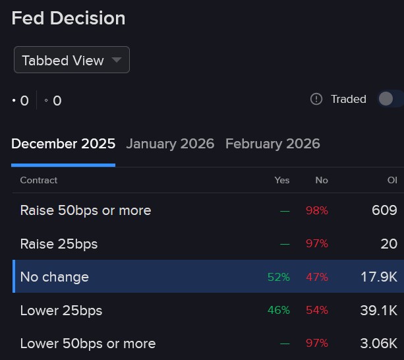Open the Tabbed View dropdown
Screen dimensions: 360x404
tap(71, 60)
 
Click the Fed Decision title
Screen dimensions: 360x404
tap(69, 18)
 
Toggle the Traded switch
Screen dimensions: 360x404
tap(389, 99)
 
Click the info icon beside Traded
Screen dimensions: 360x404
tap(316, 99)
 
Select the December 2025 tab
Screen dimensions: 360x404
tap(63, 144)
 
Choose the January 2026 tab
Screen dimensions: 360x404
tap(170, 144)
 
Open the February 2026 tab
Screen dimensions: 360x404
tap(273, 144)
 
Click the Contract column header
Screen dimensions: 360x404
tap(39, 180)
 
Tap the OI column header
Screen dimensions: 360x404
tap(392, 180)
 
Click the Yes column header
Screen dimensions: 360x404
tap(282, 180)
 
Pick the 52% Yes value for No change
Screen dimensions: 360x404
tap(279, 277)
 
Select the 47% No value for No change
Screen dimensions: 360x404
tap(317, 277)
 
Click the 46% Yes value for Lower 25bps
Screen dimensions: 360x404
tap(279, 310)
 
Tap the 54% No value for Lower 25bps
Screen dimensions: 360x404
tap(317, 310)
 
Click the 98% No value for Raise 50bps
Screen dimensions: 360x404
tap(317, 210)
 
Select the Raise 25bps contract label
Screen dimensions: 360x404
tap(59, 244)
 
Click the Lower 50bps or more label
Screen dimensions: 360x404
tap(88, 344)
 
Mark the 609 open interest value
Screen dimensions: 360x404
tap(384, 210)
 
